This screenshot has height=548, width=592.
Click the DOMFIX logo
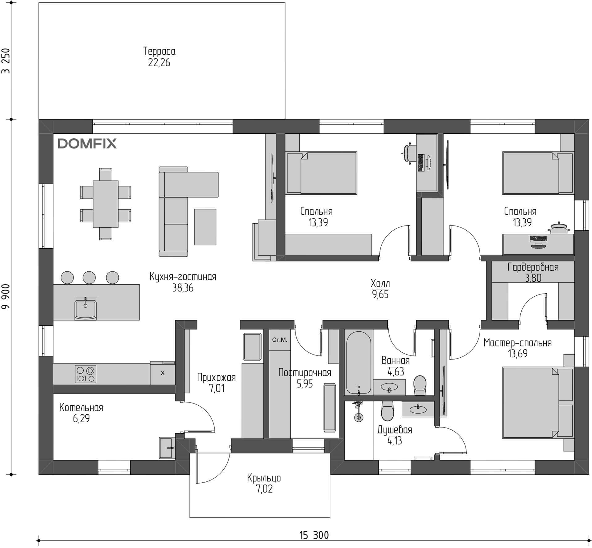click(87, 144)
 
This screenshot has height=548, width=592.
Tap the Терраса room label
click(159, 51)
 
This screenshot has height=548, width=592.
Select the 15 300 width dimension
click(314, 535)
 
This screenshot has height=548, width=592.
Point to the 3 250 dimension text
click(6, 61)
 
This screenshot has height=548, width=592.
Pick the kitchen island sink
click(85, 309)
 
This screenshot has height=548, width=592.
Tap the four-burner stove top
click(85, 374)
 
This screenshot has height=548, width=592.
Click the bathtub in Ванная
click(358, 362)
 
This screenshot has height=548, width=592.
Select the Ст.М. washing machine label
click(279, 340)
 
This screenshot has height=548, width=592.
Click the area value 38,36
click(183, 288)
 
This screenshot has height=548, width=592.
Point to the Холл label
click(380, 283)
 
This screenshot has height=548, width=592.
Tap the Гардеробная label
click(533, 267)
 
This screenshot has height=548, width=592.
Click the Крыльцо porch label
click(264, 478)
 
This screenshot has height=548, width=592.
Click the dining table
click(106, 204)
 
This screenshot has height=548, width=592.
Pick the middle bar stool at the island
click(89, 278)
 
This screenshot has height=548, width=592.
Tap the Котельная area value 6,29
click(81, 418)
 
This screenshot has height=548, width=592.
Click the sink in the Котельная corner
click(167, 448)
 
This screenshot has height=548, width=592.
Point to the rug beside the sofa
click(205, 227)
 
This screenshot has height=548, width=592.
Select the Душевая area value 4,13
click(395, 440)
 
